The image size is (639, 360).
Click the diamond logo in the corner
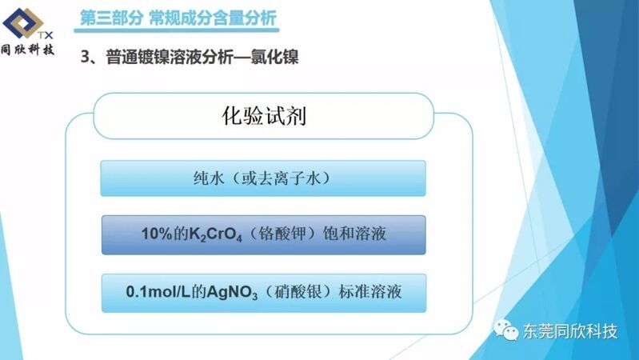coord(22,23)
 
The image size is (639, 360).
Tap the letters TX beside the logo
coord(46,35)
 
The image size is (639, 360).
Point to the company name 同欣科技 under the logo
coord(27,50)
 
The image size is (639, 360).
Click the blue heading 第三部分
coord(111,18)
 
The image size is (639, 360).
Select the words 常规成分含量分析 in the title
coord(213,18)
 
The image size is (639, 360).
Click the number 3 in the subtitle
coord(85,57)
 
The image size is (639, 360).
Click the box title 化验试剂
coord(264,116)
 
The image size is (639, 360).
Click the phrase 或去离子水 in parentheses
coord(282,178)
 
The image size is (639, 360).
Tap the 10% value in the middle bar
coord(157,234)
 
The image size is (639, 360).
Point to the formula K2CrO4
coord(216,234)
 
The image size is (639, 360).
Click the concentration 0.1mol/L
coord(158,292)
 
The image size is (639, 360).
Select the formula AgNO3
coord(232,292)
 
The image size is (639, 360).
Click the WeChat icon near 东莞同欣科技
coord(506,330)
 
